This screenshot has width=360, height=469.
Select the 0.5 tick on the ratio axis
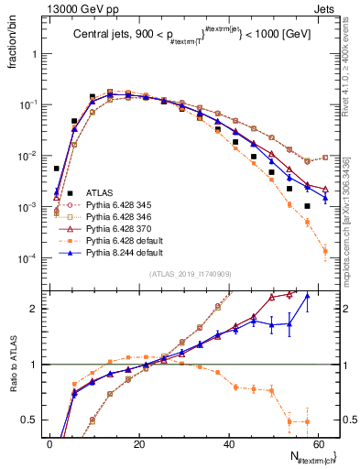[29, 420]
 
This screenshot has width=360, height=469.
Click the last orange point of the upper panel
[326, 250]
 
